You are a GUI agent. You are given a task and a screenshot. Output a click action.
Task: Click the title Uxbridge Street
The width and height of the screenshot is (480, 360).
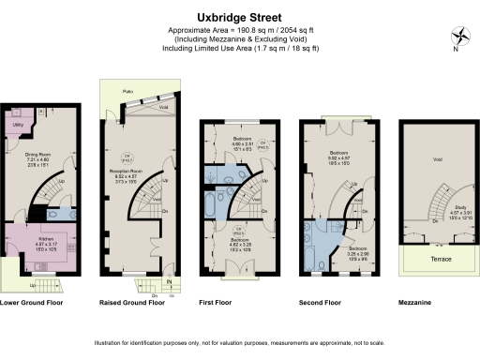click(239, 16)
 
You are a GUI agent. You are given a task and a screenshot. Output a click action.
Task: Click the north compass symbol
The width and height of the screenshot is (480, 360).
click(458, 38)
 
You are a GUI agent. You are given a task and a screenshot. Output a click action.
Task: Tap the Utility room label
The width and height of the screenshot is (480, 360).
click(17, 124)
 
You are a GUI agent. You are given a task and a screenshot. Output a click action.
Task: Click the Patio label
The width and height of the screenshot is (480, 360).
click(115, 92)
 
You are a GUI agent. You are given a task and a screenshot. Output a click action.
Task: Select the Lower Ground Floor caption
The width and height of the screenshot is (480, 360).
click(31, 304)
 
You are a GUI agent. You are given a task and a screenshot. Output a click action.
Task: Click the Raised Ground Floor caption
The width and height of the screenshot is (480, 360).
click(132, 304)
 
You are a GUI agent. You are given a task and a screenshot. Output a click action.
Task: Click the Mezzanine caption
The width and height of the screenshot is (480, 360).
click(427, 304)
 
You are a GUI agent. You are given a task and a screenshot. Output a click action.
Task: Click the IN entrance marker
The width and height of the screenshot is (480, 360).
click(169, 281)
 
